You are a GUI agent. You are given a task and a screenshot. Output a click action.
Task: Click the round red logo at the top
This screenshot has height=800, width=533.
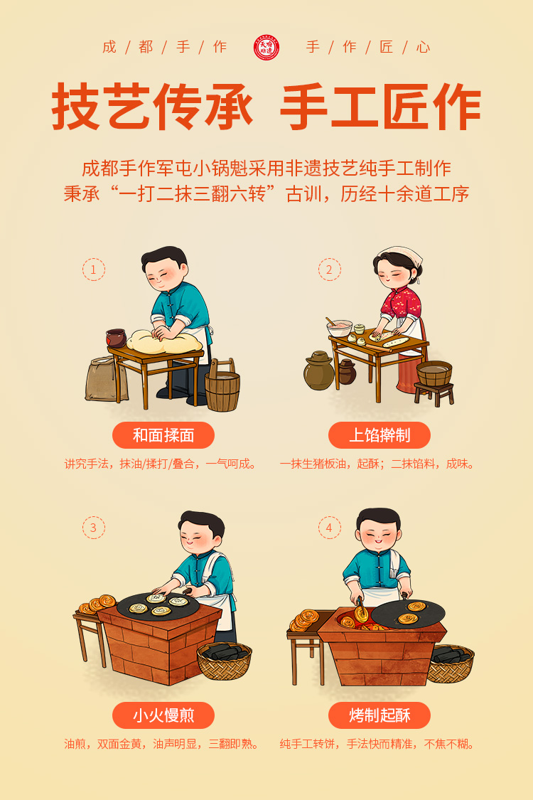266,48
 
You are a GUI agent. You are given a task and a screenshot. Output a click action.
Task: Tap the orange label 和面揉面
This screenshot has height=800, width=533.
163,435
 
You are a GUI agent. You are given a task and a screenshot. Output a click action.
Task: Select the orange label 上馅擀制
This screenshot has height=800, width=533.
379,435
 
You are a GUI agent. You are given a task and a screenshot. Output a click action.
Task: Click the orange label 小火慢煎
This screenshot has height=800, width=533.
163,715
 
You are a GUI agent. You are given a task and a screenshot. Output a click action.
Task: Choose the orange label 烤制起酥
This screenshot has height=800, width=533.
379,715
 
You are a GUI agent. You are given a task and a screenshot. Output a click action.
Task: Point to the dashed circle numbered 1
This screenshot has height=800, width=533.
94,270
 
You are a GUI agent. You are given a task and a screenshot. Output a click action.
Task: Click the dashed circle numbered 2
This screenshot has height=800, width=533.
330,270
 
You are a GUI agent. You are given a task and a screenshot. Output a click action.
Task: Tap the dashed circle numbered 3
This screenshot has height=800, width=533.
94,528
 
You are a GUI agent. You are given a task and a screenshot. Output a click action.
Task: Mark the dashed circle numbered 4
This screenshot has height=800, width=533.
330,528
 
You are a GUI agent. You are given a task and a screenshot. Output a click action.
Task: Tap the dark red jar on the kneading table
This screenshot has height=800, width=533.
117,338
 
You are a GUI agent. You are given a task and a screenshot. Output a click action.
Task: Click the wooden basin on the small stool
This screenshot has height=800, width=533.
434,373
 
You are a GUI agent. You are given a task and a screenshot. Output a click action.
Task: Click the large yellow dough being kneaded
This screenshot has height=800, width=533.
163,342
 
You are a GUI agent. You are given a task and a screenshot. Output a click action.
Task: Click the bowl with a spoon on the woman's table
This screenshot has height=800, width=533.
339,327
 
